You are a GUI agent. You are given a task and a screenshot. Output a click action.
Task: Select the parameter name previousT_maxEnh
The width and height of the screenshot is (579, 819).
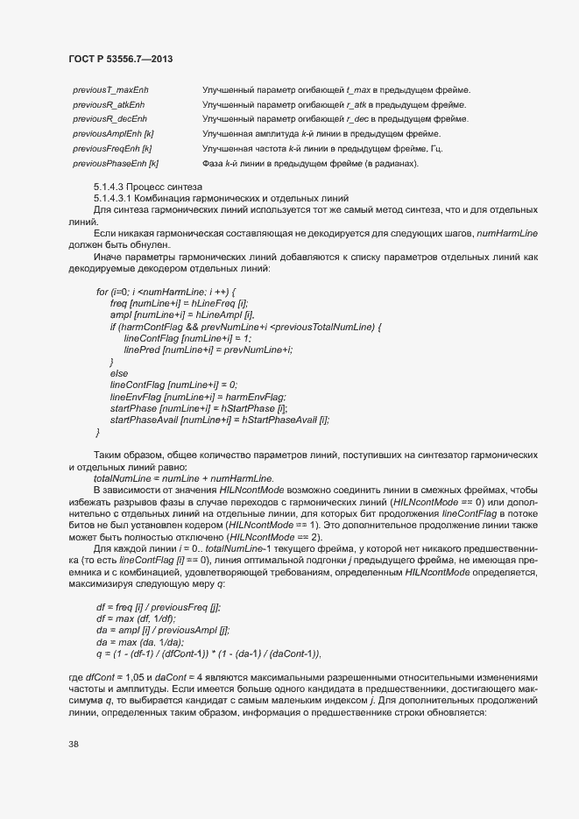click(110, 90)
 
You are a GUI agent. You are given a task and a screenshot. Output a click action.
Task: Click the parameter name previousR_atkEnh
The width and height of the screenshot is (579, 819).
click(109, 104)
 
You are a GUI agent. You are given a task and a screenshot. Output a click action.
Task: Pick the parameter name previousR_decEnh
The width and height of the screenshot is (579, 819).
click(109, 118)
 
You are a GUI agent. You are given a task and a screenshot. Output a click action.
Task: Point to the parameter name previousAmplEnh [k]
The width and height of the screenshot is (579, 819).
click(113, 133)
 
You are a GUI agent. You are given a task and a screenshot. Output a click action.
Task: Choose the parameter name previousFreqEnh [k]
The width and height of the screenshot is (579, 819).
click(112, 148)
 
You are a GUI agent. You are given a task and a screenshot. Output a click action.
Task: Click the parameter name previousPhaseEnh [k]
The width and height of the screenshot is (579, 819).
click(115, 163)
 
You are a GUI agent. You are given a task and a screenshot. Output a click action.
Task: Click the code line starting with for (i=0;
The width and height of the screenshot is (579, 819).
click(166, 291)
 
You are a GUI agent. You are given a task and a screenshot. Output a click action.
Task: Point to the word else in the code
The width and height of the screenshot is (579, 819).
click(119, 373)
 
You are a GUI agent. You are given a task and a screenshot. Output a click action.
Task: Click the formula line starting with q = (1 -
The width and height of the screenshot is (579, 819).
click(208, 654)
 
